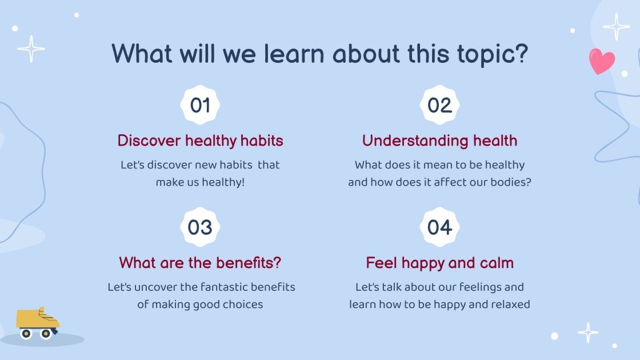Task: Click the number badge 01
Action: tap(200, 105)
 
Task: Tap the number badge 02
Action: tap(439, 105)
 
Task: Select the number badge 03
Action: tap(200, 227)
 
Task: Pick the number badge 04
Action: tap(439, 227)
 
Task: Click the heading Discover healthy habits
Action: tap(200, 141)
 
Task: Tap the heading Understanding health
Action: tap(439, 141)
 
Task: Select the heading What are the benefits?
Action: tap(200, 262)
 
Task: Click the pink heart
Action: tap(602, 61)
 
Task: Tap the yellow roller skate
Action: tap(37, 323)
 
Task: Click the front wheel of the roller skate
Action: tap(46, 334)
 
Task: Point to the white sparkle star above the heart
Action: tap(617, 26)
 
